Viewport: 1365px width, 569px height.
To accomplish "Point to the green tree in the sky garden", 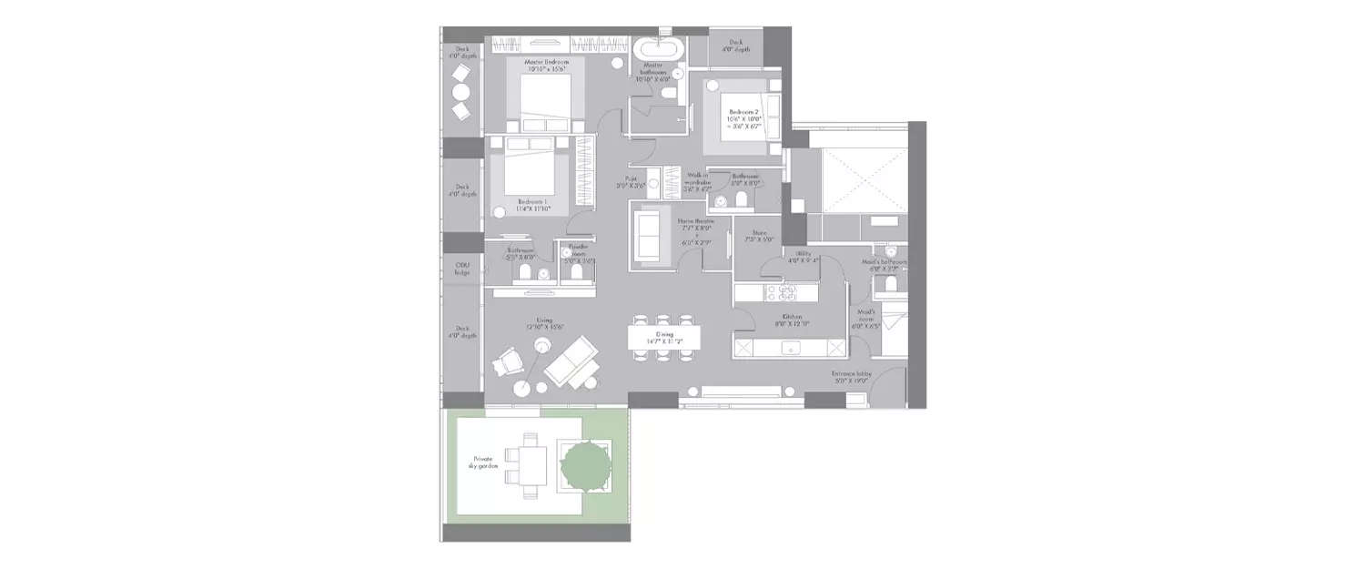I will tap(582, 465).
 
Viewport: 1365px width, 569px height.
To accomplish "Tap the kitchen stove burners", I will tap(784, 292).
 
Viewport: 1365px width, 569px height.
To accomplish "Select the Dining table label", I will tap(664, 338).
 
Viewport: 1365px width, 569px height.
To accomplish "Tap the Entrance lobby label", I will tap(853, 378).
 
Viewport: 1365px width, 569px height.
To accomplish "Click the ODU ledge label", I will tap(461, 269).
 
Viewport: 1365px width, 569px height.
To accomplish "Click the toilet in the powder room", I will tap(576, 274).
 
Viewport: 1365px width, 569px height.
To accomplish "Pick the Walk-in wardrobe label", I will tap(699, 182).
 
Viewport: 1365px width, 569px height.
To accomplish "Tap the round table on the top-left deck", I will tap(461, 92).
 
